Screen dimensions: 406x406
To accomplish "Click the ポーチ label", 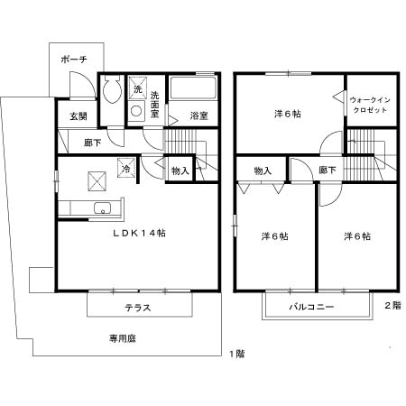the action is [x=74, y=60].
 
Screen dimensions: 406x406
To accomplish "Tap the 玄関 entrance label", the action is [x=78, y=116].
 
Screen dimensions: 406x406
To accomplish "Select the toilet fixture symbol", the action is [x=112, y=89].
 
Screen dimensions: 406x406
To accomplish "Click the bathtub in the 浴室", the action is [x=193, y=88].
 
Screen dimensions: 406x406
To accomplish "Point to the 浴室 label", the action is [x=199, y=115].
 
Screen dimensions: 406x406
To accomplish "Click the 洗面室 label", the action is [x=155, y=105].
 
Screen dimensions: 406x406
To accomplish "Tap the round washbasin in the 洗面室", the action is [x=136, y=111].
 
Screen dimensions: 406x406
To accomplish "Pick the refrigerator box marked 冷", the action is [x=126, y=168].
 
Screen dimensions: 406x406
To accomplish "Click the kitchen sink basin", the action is [x=103, y=208].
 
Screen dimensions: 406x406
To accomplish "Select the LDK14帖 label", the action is [x=139, y=233].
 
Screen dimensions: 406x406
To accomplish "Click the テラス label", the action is [x=138, y=308].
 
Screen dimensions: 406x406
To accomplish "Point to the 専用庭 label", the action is [x=123, y=338].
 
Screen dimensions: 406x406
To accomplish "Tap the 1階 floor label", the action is [x=237, y=354].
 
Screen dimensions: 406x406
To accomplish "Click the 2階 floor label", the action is [x=393, y=306].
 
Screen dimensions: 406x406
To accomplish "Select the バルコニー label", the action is [x=311, y=307].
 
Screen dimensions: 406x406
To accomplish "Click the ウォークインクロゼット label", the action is [x=370, y=105].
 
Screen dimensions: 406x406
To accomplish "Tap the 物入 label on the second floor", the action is [x=263, y=171].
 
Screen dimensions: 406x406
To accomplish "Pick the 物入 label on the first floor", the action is [x=180, y=171].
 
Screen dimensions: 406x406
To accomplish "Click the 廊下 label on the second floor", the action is [x=328, y=171].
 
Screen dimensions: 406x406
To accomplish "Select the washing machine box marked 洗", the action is [x=138, y=88].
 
